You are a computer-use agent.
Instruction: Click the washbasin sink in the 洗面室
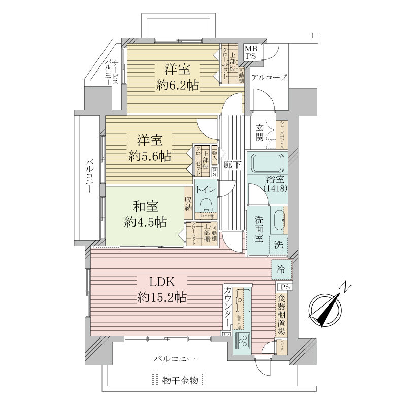click(x=279, y=220)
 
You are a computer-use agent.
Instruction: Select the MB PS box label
click(x=251, y=52)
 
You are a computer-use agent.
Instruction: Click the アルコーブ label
click(x=269, y=77)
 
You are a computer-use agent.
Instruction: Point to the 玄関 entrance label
click(x=259, y=132)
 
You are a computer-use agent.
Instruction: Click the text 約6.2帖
click(x=177, y=85)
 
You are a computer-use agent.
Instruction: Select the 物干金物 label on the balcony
click(x=180, y=380)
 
